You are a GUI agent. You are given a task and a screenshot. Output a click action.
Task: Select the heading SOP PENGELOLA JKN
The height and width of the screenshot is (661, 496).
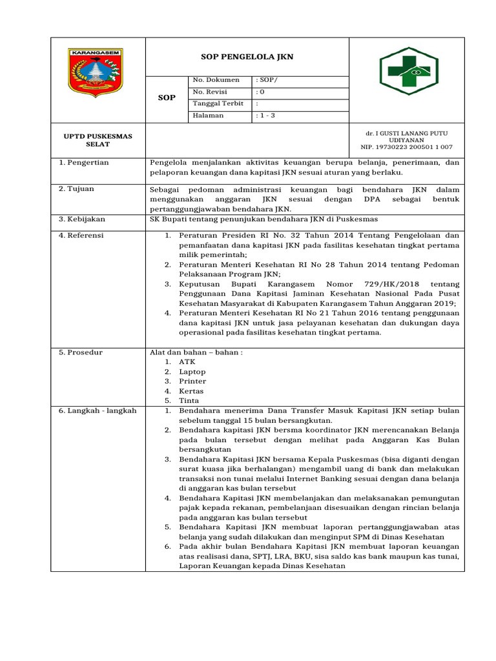pos(247,57)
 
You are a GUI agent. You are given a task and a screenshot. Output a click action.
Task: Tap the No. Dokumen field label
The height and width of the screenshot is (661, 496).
pos(216,80)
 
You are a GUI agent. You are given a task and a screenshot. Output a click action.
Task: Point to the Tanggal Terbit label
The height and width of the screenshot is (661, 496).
pos(218,103)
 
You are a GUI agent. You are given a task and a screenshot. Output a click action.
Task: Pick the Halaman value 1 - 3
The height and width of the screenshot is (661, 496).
pos(265,116)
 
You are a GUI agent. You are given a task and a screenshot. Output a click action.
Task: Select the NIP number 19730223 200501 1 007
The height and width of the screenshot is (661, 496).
pos(406,147)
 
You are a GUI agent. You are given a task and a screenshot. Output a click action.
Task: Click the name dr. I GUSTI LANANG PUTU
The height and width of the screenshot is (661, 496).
pos(406,133)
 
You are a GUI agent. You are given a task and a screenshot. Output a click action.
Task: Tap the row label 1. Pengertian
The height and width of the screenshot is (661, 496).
pos(84,163)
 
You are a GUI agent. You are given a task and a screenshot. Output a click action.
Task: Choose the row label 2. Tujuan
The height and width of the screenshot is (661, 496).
pos(77,189)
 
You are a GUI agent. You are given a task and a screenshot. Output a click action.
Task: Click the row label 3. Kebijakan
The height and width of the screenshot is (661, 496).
pos(82,219)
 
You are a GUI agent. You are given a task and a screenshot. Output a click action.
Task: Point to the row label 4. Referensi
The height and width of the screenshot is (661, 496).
pos(81,236)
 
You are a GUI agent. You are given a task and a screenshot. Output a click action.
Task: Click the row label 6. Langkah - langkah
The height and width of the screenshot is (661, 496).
pos(98,411)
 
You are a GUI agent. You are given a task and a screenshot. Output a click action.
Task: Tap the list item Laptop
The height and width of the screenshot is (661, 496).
pos(192,372)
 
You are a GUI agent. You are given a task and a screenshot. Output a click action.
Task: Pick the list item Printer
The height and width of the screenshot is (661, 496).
pos(192,381)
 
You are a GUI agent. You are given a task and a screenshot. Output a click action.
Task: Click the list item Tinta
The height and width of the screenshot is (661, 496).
pos(190,401)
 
